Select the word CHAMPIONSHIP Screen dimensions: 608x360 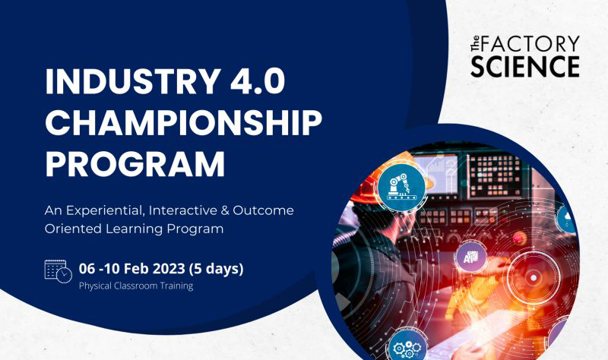pos(183,123)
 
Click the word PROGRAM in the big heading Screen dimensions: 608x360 pos(135,163)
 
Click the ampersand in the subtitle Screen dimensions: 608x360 pos(225,210)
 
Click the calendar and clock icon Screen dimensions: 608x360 pos(59,271)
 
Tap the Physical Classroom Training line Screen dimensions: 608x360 pos(136,286)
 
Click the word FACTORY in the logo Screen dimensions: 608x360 pos(530,44)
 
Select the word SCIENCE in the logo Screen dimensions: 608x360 pos(525,66)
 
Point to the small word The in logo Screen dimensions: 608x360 pos(475,44)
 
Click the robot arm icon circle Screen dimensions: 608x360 pos(401,188)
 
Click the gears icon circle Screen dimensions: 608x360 pos(407,347)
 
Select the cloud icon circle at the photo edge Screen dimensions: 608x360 pos(567,219)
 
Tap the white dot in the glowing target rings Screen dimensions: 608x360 pos(534,278)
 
